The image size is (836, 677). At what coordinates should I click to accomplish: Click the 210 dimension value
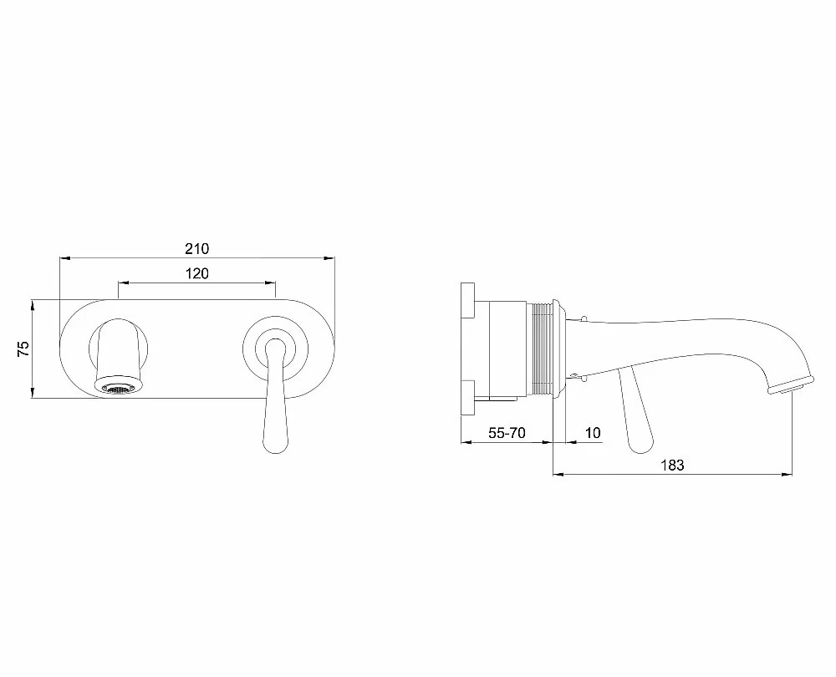[197, 248]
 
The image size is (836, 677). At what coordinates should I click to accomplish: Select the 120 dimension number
[197, 273]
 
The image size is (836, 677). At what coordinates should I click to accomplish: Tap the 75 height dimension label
[23, 349]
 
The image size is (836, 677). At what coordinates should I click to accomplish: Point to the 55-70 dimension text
[507, 433]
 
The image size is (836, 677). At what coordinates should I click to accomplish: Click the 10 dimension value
[593, 433]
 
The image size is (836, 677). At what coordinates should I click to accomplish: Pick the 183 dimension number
[672, 465]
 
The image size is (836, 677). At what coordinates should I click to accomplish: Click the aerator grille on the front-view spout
[119, 389]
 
